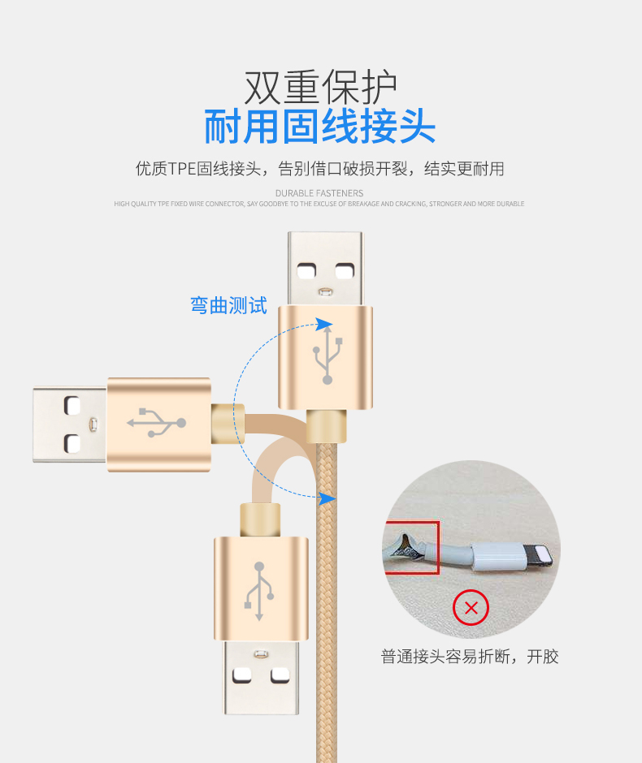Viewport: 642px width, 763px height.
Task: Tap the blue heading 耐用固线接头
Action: pos(320,127)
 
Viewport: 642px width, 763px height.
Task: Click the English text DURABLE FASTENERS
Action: pos(319,193)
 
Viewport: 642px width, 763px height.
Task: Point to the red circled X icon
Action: pos(471,608)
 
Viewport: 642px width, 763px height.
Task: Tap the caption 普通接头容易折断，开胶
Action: pos(470,657)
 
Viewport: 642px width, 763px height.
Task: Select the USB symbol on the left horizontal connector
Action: pos(157,423)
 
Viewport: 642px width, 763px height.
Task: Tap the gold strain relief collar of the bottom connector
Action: pos(260,518)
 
